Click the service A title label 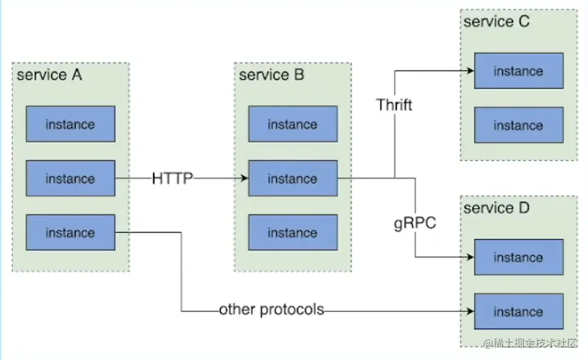tap(49, 76)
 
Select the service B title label tap(271, 76)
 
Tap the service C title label tap(496, 22)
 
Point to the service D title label tap(496, 208)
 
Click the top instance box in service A tap(70, 124)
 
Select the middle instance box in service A tap(70, 179)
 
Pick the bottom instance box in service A tap(70, 232)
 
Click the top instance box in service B tap(293, 124)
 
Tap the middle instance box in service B tap(293, 179)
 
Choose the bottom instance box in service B tap(293, 232)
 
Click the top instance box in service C tap(518, 71)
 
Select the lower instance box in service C tap(518, 125)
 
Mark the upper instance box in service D tap(518, 257)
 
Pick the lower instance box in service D tap(518, 311)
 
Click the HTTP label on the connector tap(173, 179)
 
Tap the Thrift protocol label tap(394, 105)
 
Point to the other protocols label tap(271, 310)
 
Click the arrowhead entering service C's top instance tap(470, 71)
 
